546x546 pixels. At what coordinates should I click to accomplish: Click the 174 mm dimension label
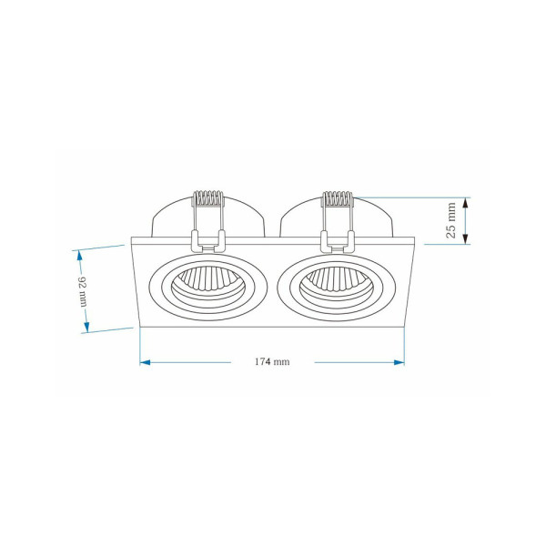coord(272,362)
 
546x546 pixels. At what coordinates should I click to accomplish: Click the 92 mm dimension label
coord(83,290)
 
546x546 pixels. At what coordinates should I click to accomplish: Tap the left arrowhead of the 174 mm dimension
coord(145,362)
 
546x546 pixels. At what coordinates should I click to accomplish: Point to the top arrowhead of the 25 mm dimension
coord(466,202)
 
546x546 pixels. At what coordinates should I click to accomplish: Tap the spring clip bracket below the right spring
coord(337,240)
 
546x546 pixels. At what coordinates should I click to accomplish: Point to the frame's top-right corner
coord(415,238)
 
